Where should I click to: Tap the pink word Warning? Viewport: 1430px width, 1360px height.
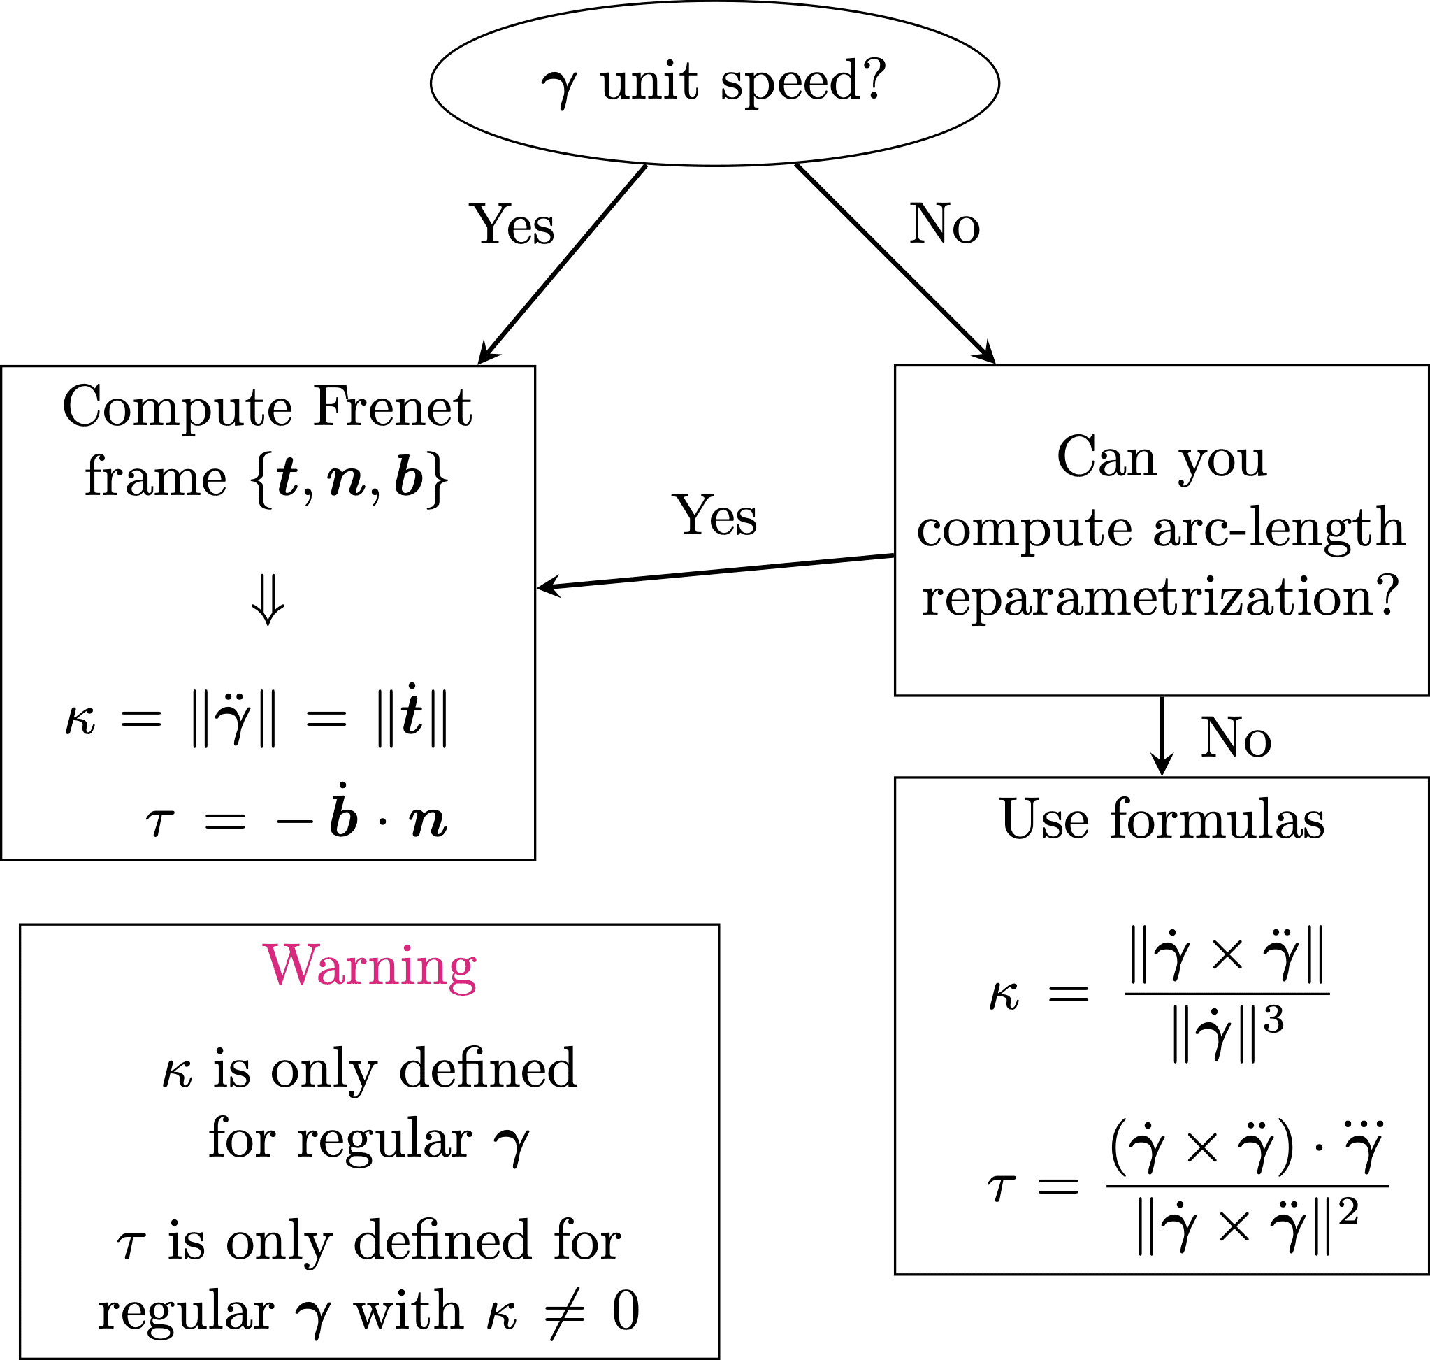370,966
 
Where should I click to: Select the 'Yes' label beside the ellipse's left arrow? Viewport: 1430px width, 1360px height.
513,225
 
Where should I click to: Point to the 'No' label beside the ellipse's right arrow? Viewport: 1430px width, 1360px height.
944,224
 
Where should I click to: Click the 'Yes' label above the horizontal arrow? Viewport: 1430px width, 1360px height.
716,516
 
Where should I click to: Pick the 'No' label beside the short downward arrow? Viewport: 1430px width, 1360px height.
1236,737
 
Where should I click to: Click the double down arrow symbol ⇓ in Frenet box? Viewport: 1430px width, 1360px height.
268,600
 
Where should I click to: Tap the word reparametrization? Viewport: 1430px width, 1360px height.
1160,597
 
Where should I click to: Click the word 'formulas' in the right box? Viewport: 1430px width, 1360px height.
1218,819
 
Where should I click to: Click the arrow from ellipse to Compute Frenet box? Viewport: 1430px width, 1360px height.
563,264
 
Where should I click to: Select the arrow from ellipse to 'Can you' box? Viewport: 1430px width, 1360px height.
896,264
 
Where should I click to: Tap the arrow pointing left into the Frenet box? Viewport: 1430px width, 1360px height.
716,572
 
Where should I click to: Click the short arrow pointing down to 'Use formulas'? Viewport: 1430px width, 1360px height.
1162,736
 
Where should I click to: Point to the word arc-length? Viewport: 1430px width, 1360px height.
1279,528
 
